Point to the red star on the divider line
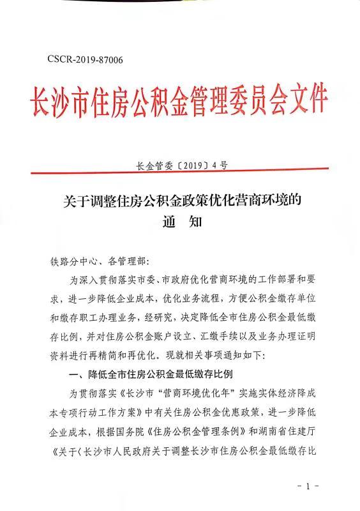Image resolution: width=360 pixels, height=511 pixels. [x=181, y=173]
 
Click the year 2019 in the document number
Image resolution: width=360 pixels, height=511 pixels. [x=191, y=165]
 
